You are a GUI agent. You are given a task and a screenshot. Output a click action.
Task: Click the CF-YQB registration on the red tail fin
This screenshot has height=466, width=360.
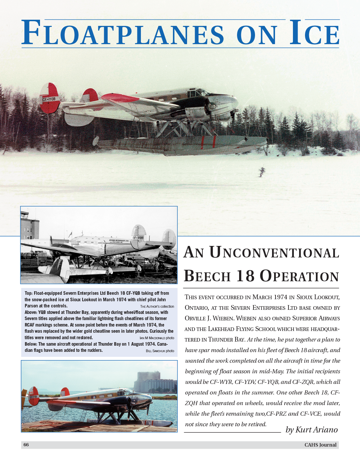coord(49,99)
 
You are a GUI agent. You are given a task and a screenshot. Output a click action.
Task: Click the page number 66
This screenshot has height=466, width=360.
coord(26,445)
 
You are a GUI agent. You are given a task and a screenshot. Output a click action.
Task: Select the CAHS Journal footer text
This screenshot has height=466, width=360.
coord(320,445)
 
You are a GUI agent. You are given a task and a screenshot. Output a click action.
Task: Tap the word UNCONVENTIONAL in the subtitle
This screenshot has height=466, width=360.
coord(274,253)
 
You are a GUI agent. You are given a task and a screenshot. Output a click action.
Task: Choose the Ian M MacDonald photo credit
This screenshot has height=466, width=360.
coord(157,338)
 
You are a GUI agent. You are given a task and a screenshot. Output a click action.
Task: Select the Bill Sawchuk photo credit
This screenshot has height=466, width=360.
coord(160,351)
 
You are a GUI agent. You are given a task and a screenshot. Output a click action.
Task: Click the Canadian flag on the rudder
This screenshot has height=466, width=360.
coord(31,392)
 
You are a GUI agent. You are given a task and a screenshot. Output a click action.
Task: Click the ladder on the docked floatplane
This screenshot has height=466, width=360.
coord(84,415)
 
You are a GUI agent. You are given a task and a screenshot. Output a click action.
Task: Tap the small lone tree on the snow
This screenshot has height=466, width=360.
coord(261,172)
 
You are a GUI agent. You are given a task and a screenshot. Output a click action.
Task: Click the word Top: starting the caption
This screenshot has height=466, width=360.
coord(29,293)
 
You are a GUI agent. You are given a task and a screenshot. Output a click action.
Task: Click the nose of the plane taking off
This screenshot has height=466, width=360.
coord(235,103)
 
